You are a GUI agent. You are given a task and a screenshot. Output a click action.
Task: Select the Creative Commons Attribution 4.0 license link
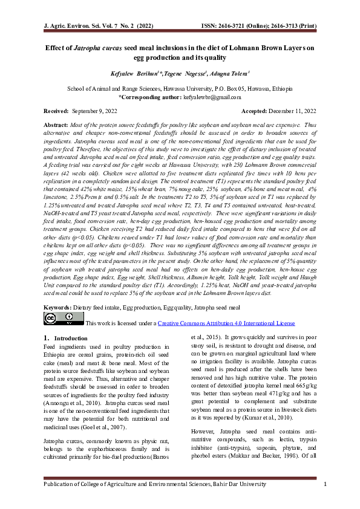coord(226,323)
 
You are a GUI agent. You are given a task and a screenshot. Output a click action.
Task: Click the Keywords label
coord(56,307)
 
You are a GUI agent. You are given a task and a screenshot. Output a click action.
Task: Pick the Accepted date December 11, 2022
coord(292,111)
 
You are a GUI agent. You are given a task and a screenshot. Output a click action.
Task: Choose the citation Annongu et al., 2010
coord(65,384)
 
